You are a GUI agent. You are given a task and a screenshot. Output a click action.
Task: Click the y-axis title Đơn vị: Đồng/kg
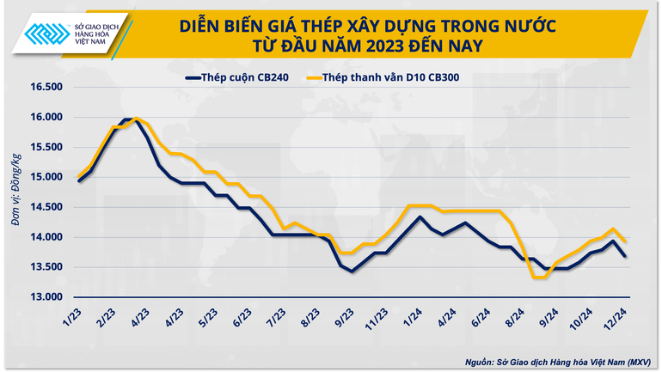[15, 191]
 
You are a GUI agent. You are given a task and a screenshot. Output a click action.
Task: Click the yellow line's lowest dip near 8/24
[539, 277]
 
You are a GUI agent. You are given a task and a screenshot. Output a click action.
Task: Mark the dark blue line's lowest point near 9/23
[351, 271]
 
